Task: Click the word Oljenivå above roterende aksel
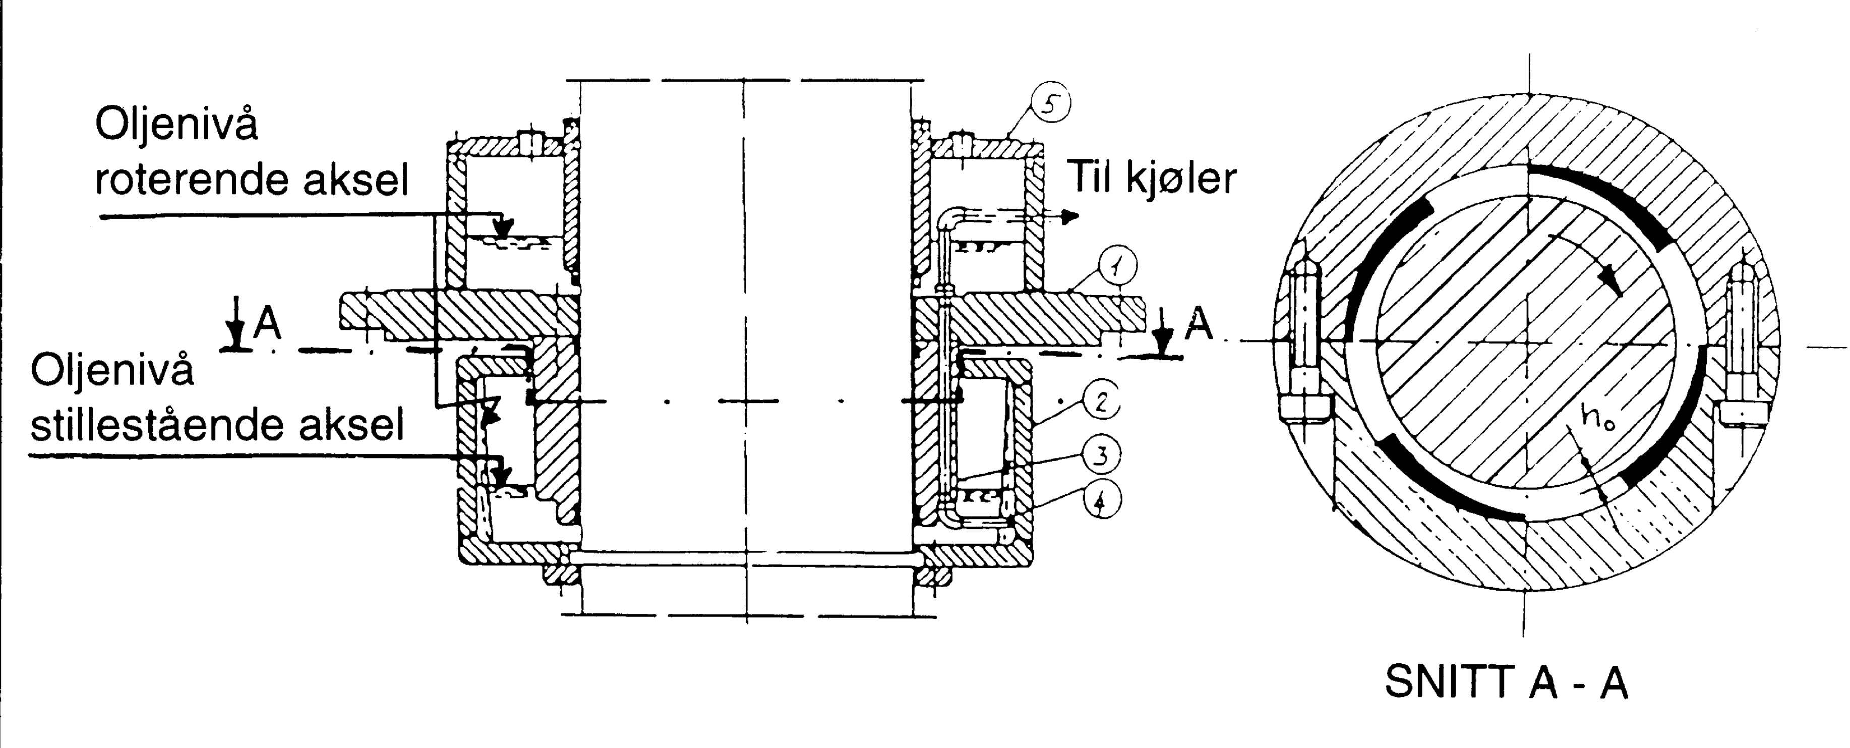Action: (176, 127)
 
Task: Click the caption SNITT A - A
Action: (1506, 683)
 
